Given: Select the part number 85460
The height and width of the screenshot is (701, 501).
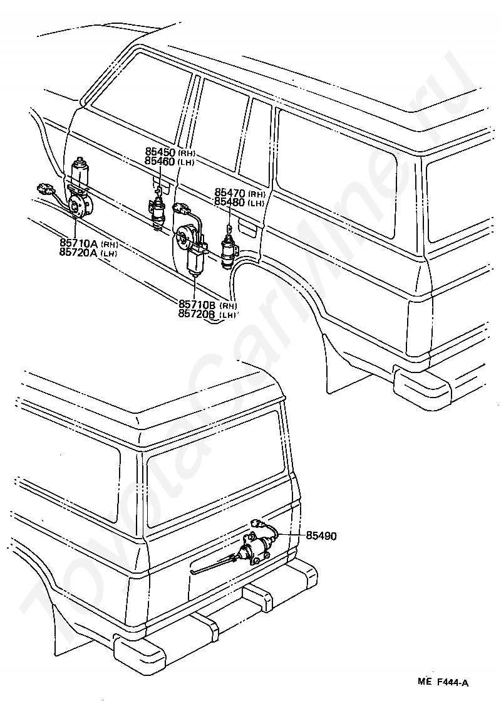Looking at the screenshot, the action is pyautogui.click(x=160, y=162).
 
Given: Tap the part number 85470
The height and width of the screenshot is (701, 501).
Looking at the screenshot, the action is pyautogui.click(x=230, y=193).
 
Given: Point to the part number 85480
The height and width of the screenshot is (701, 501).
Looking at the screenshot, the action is pyautogui.click(x=230, y=202).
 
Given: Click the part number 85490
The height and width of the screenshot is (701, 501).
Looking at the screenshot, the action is pyautogui.click(x=321, y=536).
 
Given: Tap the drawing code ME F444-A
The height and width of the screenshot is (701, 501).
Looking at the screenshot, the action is pyautogui.click(x=445, y=682).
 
